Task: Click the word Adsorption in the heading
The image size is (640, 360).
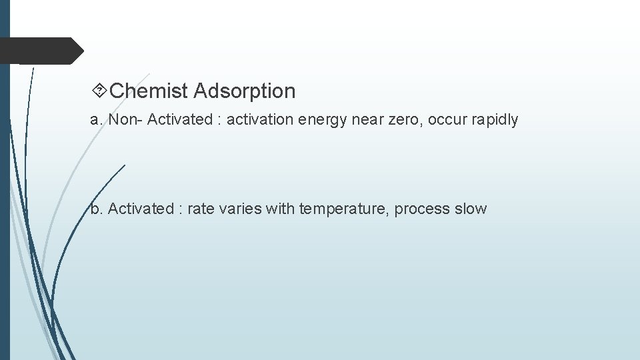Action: point(245,91)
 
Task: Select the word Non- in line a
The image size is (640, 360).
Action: point(125,120)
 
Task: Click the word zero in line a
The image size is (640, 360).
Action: point(403,120)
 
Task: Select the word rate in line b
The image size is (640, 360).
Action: point(201,209)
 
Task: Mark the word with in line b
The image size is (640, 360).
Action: point(280,209)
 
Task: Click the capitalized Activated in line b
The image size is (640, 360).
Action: point(140,209)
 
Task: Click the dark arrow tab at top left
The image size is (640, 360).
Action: point(40,51)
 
